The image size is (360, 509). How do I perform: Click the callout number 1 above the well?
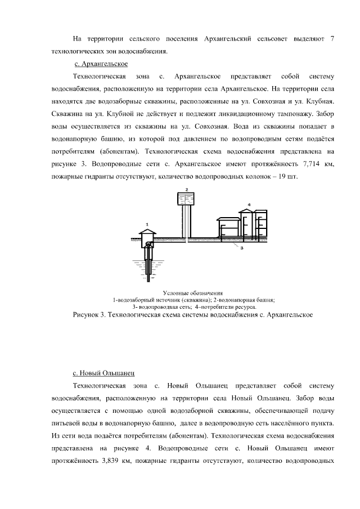(147, 224)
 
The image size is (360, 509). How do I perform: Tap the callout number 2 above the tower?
(187, 189)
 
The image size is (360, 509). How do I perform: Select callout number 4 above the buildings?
(249, 205)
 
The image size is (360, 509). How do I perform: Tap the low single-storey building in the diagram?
(228, 227)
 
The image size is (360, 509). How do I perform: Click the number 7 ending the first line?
(332, 39)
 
